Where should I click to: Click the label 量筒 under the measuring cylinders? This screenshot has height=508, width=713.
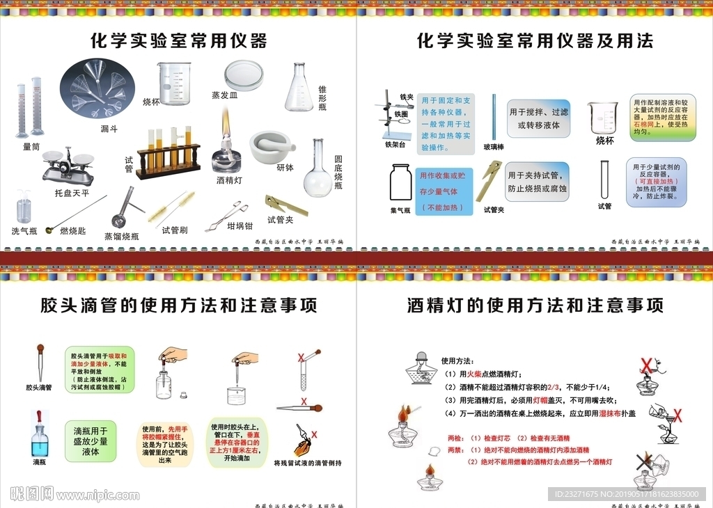tap(31, 147)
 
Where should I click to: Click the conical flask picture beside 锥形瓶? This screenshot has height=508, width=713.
tap(299, 88)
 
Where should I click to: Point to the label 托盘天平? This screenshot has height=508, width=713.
tap(72, 193)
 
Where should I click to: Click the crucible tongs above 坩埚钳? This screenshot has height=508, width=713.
tap(227, 215)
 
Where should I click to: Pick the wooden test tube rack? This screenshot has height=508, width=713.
tap(168, 153)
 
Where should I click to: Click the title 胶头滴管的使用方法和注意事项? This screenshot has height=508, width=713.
tap(178, 305)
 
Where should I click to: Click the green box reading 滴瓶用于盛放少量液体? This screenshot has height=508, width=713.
tap(91, 441)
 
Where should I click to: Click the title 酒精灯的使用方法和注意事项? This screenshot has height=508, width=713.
tap(535, 305)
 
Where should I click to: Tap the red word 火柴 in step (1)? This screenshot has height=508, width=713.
tap(482, 374)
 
